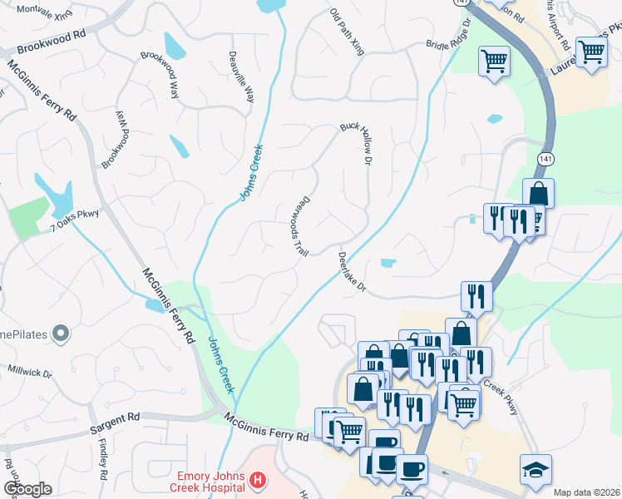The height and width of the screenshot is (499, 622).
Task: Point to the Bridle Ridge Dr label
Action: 448,36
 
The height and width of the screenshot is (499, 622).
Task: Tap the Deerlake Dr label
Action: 353,272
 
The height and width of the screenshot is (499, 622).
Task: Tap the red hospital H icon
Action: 259,481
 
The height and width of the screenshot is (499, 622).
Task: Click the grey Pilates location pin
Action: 59,334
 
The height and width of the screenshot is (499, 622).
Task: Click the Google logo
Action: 27,489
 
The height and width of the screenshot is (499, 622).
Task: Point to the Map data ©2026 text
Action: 587,492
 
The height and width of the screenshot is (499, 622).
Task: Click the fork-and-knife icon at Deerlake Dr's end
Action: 476,295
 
